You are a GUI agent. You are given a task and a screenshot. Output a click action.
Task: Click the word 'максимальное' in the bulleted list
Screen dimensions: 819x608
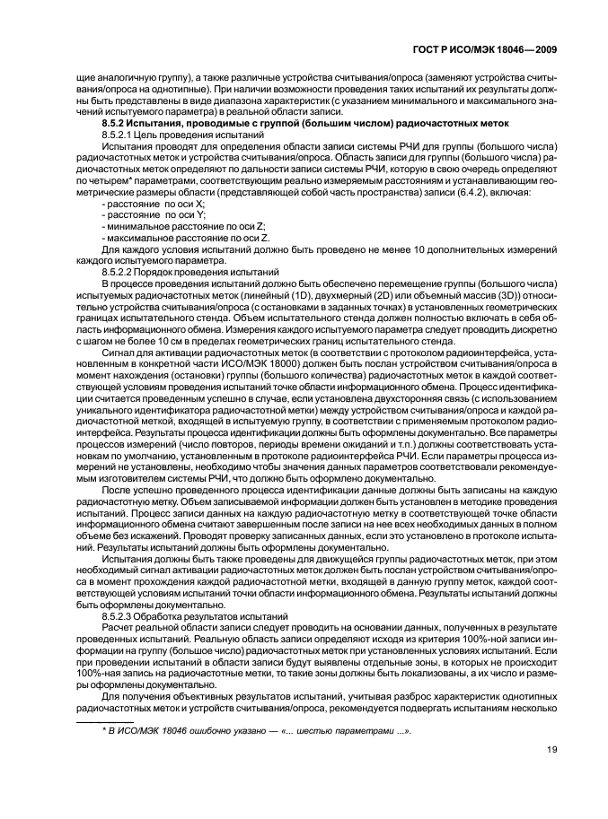pyautogui.click(x=142, y=240)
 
